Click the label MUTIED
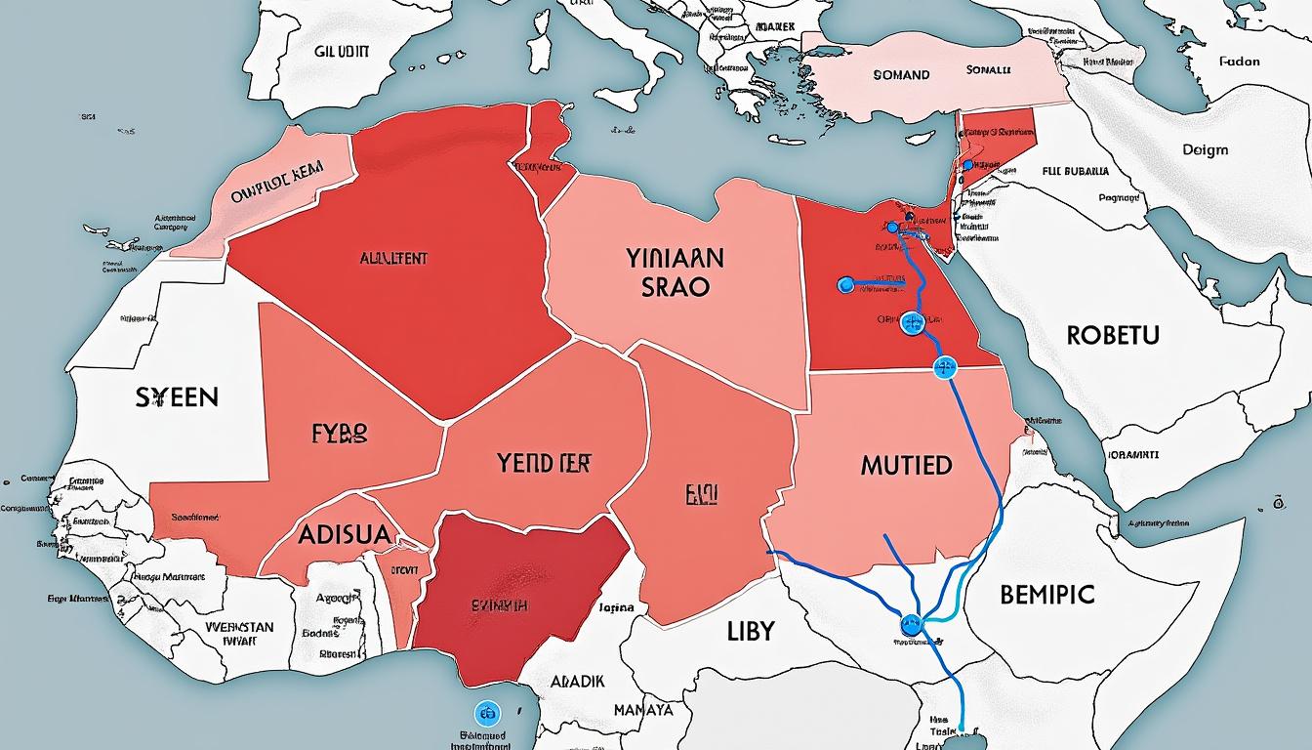906,465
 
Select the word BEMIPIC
1047,594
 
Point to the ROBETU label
1112,336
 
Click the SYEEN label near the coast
178,397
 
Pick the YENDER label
550,463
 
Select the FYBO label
340,434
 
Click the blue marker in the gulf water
485,712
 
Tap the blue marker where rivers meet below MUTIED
912,621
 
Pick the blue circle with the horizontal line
846,285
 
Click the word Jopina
614,607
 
